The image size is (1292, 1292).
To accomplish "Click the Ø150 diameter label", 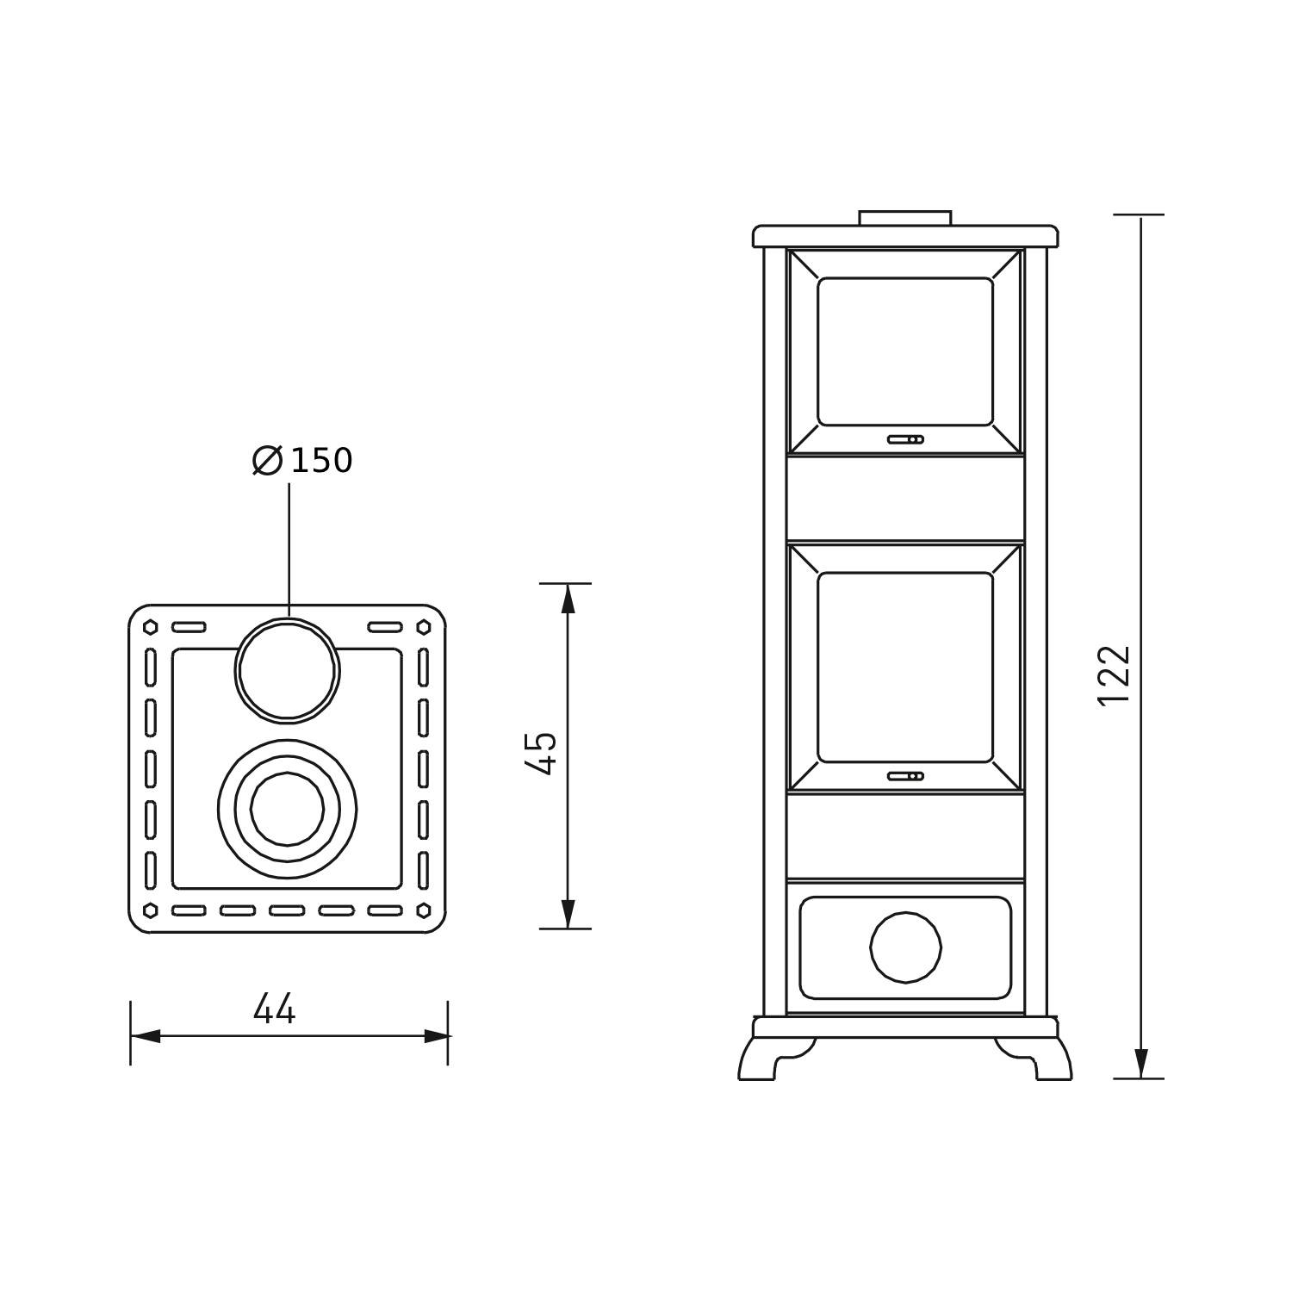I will [x=303, y=461].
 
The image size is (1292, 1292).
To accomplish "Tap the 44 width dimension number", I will [x=275, y=1009].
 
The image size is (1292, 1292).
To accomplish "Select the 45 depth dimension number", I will [x=542, y=754].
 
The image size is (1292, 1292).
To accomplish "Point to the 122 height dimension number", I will [x=1115, y=674].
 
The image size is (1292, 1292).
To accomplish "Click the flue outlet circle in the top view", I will [x=288, y=671].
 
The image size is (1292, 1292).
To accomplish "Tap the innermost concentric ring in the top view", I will [x=287, y=809].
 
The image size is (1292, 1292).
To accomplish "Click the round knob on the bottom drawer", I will [x=905, y=947].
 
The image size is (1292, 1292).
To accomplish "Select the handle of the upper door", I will [x=905, y=439].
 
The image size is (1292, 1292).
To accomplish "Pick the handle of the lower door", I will [x=905, y=776].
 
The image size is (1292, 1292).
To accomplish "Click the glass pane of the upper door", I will [x=905, y=351].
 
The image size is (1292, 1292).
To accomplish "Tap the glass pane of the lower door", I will [x=905, y=667].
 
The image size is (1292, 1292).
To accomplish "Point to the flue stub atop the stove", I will [x=905, y=218].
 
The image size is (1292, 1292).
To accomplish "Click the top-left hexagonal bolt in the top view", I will [x=151, y=627].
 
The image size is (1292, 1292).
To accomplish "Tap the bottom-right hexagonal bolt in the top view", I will [x=424, y=910].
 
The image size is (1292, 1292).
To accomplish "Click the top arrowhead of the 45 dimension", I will [x=568, y=598].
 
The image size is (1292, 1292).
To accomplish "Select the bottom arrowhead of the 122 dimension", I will [x=1141, y=1064].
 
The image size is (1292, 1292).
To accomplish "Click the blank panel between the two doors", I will [x=905, y=498].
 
